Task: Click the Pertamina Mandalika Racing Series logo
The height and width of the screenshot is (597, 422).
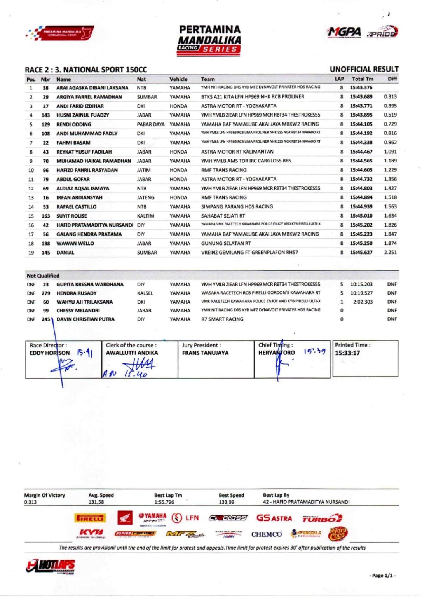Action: point(209,39)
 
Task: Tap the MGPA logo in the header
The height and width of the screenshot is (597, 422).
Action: point(344,32)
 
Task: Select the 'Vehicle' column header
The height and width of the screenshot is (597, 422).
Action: point(178,79)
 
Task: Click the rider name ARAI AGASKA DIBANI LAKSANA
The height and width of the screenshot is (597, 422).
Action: point(92,88)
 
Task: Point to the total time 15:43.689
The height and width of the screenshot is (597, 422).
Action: point(361,97)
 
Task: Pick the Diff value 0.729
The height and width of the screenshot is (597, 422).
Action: point(390,124)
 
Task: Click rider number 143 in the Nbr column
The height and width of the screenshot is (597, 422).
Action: point(46,115)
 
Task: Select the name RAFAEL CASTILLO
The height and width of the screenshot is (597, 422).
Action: point(77,207)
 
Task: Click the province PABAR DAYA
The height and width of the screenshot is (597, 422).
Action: point(151,124)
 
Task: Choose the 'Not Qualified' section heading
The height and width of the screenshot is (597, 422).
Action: point(43,276)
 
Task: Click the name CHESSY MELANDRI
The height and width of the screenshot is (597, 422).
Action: point(78,311)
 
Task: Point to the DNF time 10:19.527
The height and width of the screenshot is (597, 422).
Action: point(361,293)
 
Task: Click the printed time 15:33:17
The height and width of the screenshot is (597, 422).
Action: point(347,353)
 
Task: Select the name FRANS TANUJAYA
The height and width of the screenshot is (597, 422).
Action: point(205,353)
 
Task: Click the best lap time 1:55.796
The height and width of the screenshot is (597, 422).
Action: point(164,502)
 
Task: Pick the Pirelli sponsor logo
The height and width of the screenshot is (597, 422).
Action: point(90,518)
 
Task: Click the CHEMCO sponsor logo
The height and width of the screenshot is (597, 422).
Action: point(266,534)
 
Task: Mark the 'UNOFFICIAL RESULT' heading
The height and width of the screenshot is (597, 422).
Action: point(364,69)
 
